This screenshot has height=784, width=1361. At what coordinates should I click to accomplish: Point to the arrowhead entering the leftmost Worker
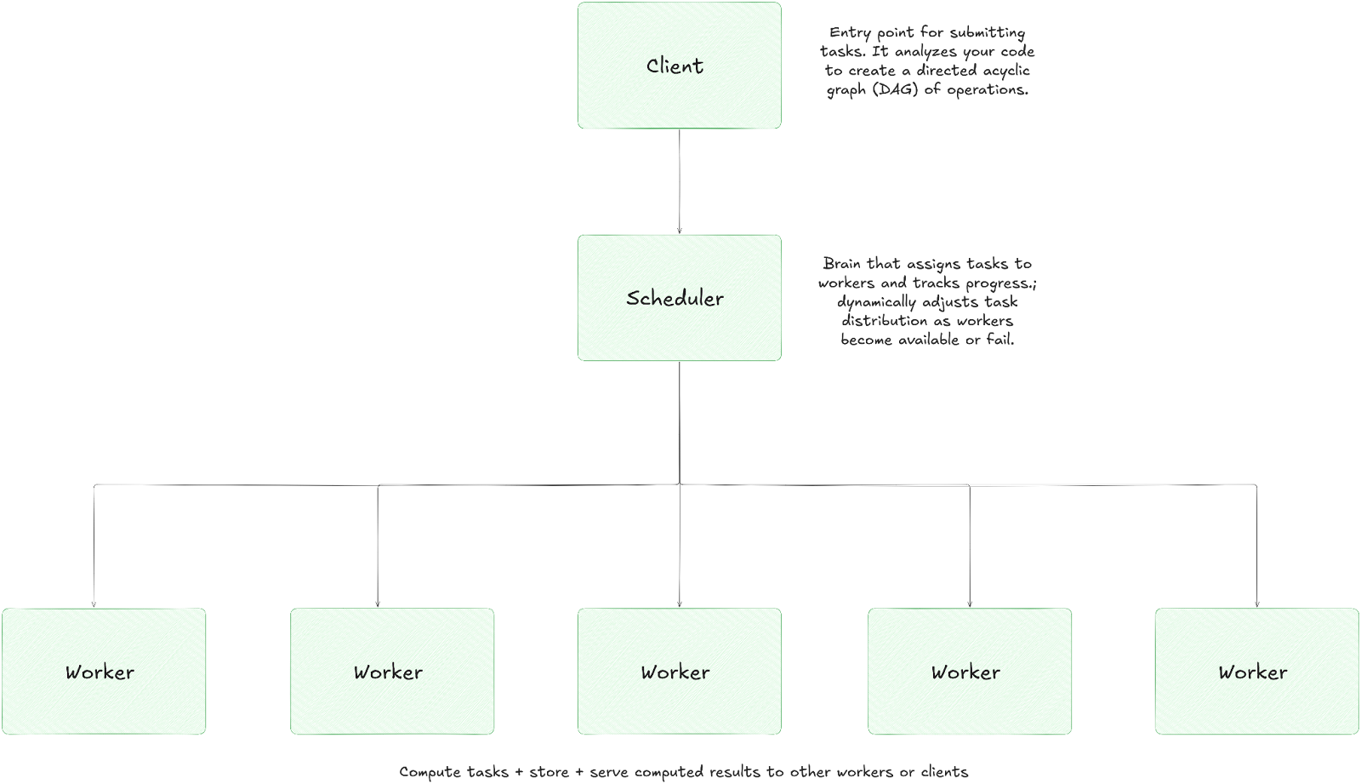click(x=94, y=603)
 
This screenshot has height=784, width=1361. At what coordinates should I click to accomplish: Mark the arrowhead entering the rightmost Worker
click(x=1256, y=603)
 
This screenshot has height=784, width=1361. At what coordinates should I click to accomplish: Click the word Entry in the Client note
click(x=850, y=32)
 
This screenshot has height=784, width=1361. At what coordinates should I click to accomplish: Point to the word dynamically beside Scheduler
click(x=876, y=302)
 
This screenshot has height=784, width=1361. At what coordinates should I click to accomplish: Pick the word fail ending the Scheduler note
click(x=999, y=340)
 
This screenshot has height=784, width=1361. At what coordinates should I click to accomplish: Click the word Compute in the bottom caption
click(x=430, y=772)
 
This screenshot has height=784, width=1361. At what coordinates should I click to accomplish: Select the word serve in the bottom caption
click(x=609, y=772)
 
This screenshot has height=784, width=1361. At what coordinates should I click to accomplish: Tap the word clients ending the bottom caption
click(x=944, y=772)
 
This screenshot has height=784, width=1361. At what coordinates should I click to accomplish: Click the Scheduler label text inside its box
click(x=675, y=298)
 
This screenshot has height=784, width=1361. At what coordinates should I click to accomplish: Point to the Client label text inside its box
click(x=675, y=66)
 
